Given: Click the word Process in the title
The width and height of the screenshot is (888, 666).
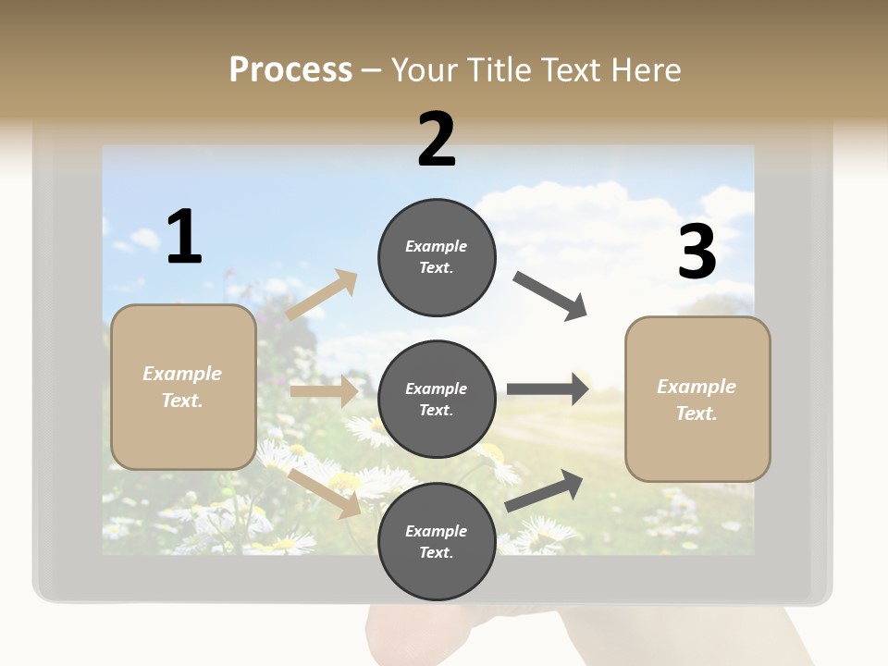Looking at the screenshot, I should [290, 70].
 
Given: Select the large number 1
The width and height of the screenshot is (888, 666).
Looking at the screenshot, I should [184, 238].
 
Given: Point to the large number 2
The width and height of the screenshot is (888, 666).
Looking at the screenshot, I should [437, 140].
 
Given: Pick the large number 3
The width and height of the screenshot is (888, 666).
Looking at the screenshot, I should [697, 253].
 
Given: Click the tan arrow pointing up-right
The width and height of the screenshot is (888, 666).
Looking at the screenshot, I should [322, 295].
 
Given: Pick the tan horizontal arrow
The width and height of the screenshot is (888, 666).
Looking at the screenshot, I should [324, 391].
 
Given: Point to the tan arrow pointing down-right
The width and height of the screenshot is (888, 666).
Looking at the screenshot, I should [325, 493].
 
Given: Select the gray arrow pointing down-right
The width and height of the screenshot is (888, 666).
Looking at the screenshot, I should [549, 296].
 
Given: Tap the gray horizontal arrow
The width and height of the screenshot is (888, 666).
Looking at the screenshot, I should [548, 389].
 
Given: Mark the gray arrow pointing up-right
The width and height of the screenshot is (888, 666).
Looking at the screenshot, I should [544, 490].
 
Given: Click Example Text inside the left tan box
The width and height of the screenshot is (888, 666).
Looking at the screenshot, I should [182, 387].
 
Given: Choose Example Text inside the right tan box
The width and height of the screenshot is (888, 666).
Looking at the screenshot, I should [697, 400].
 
